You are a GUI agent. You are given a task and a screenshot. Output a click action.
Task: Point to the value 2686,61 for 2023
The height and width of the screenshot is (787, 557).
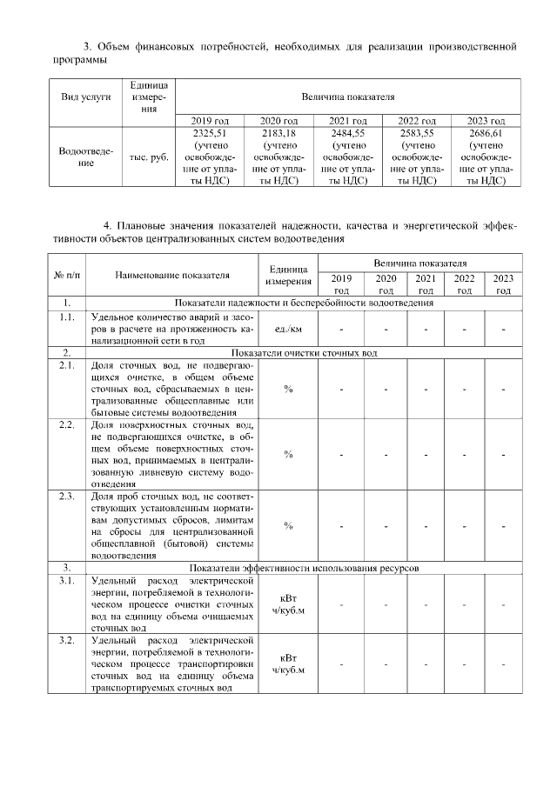tap(486, 132)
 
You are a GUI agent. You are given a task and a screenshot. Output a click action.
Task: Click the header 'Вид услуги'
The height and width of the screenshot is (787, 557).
tap(85, 97)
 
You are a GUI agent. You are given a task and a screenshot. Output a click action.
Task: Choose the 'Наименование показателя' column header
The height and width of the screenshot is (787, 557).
tap(172, 274)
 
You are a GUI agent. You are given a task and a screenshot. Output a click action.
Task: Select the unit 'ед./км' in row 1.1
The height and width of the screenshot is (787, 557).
tap(288, 329)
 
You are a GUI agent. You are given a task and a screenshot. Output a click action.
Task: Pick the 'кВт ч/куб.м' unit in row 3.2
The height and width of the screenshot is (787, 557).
tap(288, 664)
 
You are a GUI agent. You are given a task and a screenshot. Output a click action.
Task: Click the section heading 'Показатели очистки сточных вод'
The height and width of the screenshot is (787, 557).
tap(304, 352)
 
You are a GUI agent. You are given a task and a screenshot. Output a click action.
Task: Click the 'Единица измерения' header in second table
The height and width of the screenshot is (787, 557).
tap(288, 275)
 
